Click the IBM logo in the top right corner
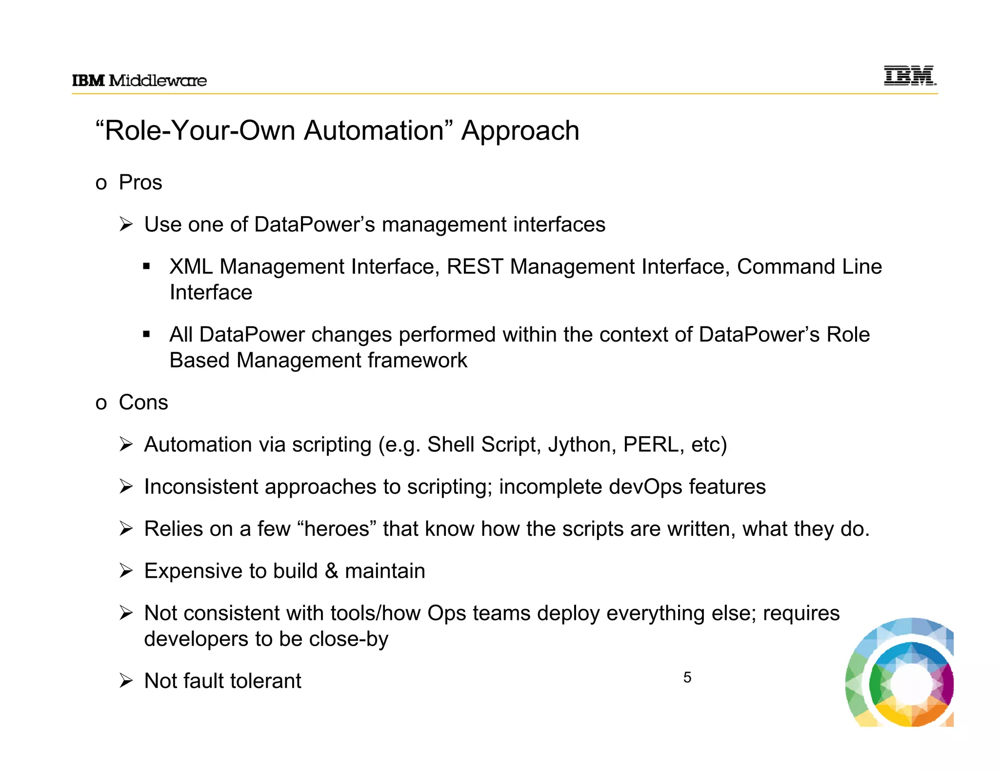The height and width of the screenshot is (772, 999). point(910,76)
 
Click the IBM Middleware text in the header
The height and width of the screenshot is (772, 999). point(140,81)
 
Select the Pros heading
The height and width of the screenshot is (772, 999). point(140,183)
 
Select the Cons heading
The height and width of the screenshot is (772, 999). point(143,403)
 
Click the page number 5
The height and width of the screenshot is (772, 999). point(687,677)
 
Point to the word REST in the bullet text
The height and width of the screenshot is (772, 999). point(475,267)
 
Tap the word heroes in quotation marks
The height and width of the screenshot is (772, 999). point(337,529)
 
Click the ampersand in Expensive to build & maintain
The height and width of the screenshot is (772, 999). point(331,571)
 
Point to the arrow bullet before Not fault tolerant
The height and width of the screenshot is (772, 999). point(126,681)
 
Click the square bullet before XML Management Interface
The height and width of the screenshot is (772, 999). point(146,267)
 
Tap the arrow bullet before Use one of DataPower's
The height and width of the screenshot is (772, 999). point(126,224)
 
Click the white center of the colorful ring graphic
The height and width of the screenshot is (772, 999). point(911,685)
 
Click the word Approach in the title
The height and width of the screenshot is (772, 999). point(520,131)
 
